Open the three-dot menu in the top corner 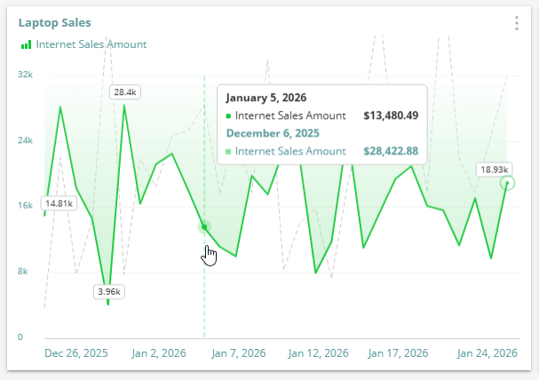click(x=516, y=24)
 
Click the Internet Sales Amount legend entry click(x=91, y=44)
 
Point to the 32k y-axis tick click(x=26, y=75)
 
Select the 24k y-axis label click(x=26, y=140)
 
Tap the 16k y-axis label click(x=26, y=206)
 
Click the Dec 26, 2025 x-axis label click(x=76, y=352)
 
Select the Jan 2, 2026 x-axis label click(x=159, y=352)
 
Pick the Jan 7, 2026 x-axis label click(x=241, y=352)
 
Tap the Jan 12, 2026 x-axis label click(x=319, y=352)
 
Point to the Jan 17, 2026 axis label click(x=397, y=352)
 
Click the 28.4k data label click(x=123, y=91)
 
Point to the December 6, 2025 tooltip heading click(x=273, y=133)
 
